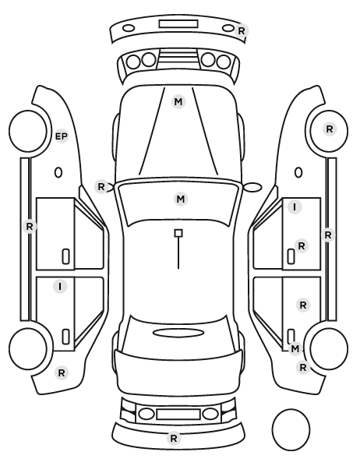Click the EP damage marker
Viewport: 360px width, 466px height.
tap(62, 136)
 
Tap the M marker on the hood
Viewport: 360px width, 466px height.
tap(178, 102)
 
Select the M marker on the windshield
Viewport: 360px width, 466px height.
tap(181, 199)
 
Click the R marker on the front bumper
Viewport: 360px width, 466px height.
tap(242, 30)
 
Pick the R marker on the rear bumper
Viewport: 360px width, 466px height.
tap(174, 438)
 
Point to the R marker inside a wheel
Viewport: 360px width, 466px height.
tap(330, 129)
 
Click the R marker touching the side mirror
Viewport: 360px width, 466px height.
tap(101, 187)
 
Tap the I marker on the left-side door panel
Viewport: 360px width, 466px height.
tap(60, 287)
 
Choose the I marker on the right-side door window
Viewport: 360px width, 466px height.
tap(295, 207)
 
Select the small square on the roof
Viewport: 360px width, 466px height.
tap(178, 233)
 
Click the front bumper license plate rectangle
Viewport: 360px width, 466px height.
tap(178, 24)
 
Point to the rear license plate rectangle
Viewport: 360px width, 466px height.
tap(178, 415)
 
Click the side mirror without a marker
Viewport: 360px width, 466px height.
tap(252, 187)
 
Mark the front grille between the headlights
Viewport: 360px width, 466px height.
tap(178, 59)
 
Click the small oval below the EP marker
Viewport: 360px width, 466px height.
tap(58, 173)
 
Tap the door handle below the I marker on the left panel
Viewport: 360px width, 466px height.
tap(65, 337)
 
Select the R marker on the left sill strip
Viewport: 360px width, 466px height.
tap(30, 227)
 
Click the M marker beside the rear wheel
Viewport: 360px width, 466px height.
tap(295, 348)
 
